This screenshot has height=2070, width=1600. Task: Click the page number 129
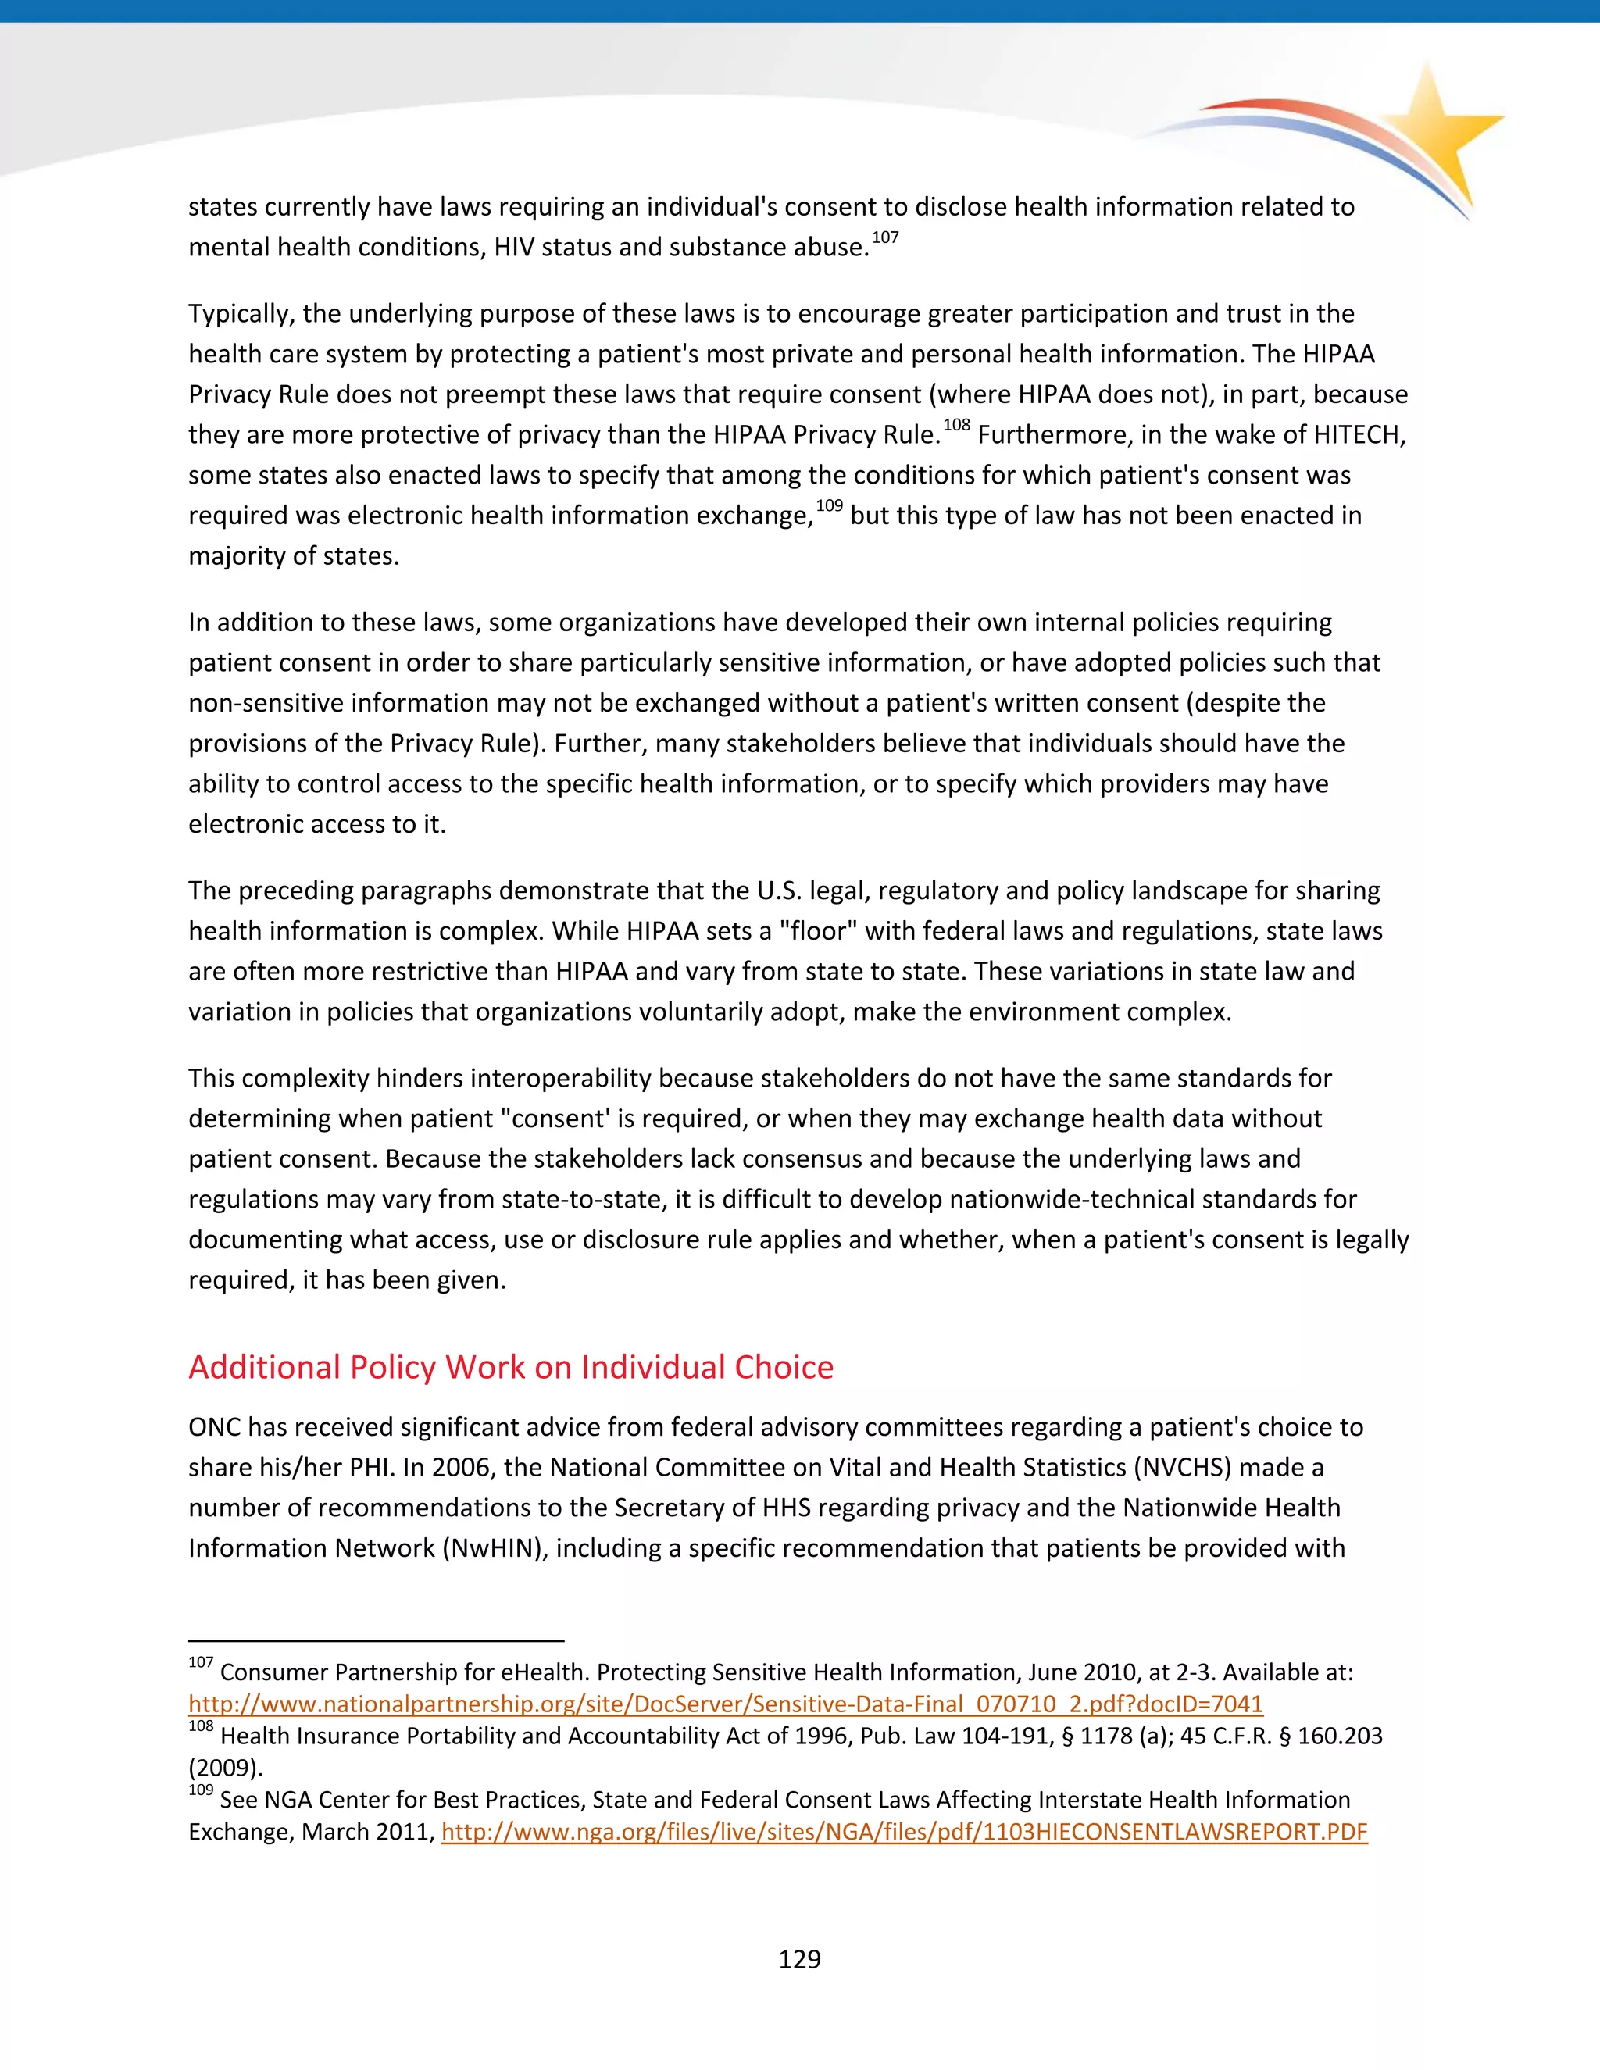click(x=799, y=1958)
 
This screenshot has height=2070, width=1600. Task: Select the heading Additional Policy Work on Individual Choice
click(x=511, y=1367)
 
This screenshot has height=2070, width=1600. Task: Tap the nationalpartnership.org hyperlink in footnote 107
click(x=725, y=1704)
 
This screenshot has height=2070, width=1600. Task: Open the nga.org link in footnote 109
click(x=904, y=1831)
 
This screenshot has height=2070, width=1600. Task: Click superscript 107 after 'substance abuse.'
click(x=884, y=238)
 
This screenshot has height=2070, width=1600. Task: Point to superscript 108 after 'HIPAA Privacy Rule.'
click(x=956, y=426)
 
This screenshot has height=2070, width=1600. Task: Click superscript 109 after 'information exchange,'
click(x=830, y=506)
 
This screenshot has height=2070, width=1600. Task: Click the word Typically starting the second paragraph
click(x=241, y=314)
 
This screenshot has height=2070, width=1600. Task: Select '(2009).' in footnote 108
click(x=226, y=1768)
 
